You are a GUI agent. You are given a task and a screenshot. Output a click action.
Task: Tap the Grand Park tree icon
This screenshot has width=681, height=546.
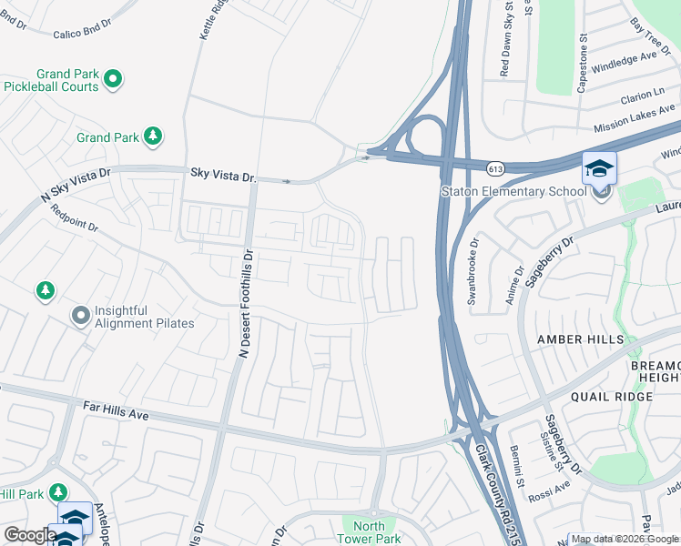coord(153,136)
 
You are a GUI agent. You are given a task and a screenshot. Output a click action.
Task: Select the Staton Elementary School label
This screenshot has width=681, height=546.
coord(513,191)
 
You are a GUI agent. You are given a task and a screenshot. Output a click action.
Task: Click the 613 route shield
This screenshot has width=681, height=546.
coord(495,168)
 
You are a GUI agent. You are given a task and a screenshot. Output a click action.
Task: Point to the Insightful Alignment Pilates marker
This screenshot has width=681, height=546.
coord(81,316)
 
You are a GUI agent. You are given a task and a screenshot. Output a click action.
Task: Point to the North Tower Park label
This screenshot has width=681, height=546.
coord(369,532)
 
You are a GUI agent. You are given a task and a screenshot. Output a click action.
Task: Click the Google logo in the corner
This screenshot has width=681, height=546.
coord(29,535)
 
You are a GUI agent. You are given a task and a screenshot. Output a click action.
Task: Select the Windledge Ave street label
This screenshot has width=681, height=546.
coord(624,62)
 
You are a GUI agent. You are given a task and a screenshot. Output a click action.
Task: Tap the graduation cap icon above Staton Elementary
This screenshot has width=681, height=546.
coord(599,168)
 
